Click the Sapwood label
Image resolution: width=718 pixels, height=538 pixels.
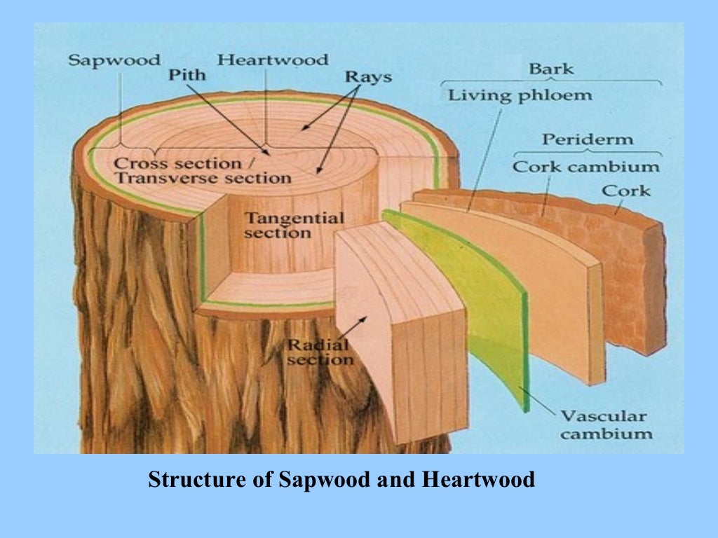[x=114, y=60]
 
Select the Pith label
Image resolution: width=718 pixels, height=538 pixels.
[x=187, y=75]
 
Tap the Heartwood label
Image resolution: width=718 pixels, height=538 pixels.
[x=272, y=60]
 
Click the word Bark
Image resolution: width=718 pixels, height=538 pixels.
[x=551, y=69]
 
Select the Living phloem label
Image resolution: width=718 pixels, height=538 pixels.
[x=520, y=95]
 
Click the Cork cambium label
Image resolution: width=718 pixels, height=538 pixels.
[x=585, y=167]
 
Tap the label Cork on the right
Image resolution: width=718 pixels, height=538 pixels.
[x=625, y=191]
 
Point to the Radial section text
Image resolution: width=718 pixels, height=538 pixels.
[x=318, y=352]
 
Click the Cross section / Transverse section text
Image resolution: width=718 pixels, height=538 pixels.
[x=202, y=170]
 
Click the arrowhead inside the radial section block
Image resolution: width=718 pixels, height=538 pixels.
[x=365, y=319]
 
